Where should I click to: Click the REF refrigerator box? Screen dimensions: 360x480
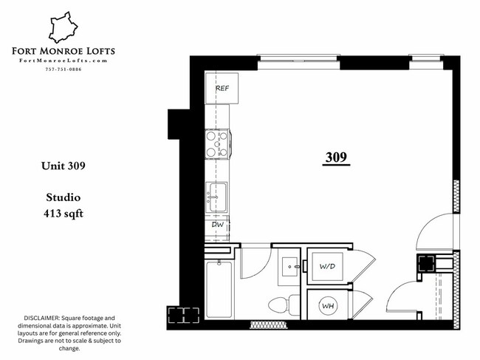220,89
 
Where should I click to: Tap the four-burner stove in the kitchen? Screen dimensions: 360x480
216,143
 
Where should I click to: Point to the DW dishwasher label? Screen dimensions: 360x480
217,224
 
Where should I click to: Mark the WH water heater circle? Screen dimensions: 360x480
327,305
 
